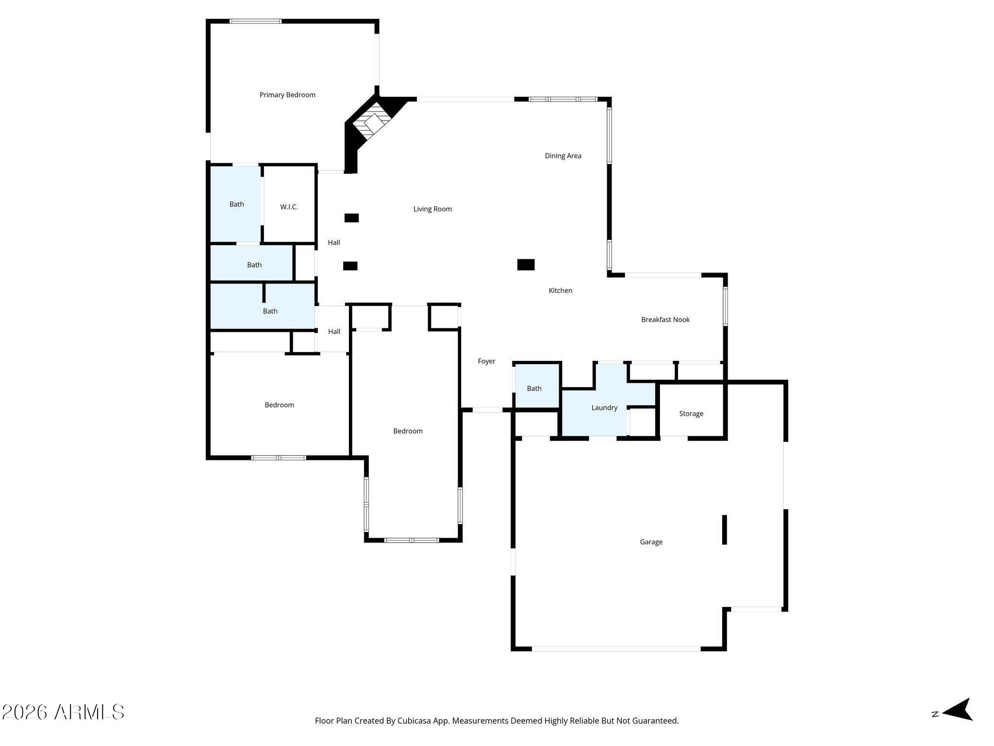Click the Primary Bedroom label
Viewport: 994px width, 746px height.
pyautogui.click(x=287, y=95)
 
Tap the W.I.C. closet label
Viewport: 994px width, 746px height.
pyautogui.click(x=289, y=207)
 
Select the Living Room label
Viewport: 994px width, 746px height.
pyautogui.click(x=432, y=209)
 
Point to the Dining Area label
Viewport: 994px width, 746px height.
pyautogui.click(x=563, y=156)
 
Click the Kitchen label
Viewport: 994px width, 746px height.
pyautogui.click(x=560, y=291)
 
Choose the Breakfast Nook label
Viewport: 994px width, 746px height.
pyautogui.click(x=665, y=320)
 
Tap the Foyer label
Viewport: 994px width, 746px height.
pyautogui.click(x=486, y=361)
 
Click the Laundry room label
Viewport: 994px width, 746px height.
pyautogui.click(x=604, y=408)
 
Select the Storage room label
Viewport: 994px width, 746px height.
pyautogui.click(x=691, y=414)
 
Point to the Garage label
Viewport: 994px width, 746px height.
pyautogui.click(x=651, y=542)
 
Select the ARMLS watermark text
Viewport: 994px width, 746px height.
pyautogui.click(x=89, y=712)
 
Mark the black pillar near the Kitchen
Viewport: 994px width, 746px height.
pyautogui.click(x=526, y=265)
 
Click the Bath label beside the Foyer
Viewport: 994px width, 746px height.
pyautogui.click(x=534, y=389)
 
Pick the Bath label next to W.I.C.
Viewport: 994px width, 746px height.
pyautogui.click(x=236, y=204)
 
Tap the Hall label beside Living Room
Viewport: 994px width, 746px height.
pyautogui.click(x=334, y=243)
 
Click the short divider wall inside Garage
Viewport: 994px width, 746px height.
pyautogui.click(x=725, y=529)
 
